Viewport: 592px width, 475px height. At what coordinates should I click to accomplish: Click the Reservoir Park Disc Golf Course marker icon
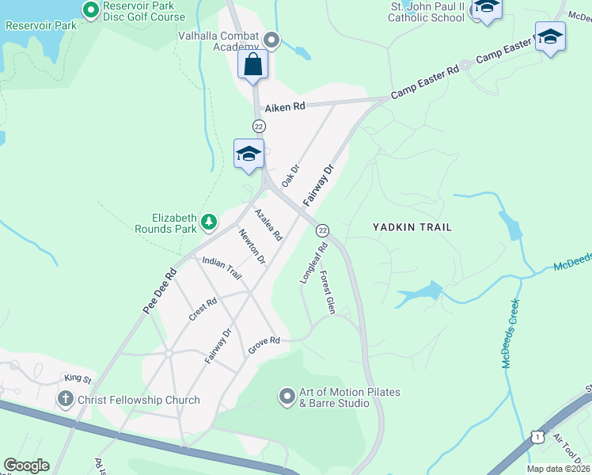click(90, 11)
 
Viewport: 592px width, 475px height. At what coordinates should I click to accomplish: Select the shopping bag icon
click(253, 64)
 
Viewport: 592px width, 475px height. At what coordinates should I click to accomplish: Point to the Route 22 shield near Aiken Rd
click(259, 127)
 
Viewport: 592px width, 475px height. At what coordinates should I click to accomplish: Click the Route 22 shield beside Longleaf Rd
click(322, 230)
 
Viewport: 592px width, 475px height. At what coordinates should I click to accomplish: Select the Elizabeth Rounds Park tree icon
click(208, 221)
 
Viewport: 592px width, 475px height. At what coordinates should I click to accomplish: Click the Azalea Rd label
click(268, 224)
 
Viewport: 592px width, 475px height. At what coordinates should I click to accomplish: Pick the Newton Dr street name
click(252, 245)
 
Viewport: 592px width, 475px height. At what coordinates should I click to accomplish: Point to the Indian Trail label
click(222, 267)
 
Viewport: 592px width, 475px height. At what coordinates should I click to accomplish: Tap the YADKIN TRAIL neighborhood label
click(412, 227)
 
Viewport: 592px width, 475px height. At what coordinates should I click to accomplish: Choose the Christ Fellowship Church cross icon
click(66, 400)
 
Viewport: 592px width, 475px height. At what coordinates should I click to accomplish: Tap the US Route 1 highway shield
click(537, 436)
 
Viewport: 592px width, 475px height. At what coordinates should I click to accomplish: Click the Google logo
click(26, 465)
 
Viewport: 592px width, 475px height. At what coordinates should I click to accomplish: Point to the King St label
click(78, 379)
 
